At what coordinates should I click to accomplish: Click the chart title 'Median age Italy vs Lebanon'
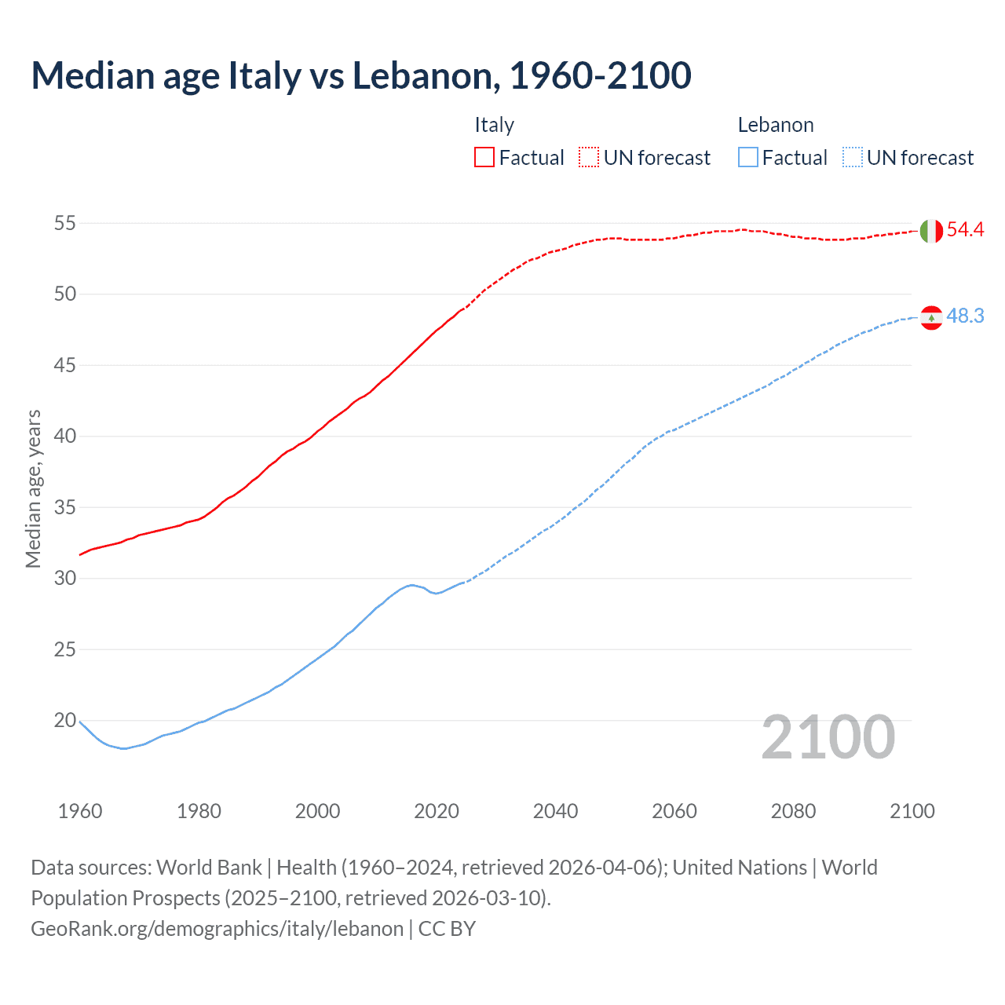(x=361, y=75)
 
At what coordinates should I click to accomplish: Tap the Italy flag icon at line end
(x=930, y=231)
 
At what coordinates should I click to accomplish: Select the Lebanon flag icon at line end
(x=930, y=317)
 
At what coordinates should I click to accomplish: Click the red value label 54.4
(x=965, y=230)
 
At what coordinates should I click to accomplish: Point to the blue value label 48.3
(x=965, y=316)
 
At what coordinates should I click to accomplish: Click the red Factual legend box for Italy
(x=484, y=158)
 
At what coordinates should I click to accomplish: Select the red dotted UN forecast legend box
(x=589, y=158)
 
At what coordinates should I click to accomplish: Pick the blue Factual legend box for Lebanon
(x=748, y=158)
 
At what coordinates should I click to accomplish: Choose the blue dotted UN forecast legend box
(x=853, y=158)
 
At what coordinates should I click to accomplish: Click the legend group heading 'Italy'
(x=494, y=125)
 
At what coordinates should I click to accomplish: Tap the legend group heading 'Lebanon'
(x=775, y=125)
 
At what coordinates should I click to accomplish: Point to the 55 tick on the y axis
(x=64, y=223)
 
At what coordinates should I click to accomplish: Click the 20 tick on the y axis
(x=64, y=720)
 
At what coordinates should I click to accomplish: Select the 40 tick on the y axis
(x=64, y=436)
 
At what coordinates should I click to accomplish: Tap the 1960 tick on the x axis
(x=80, y=811)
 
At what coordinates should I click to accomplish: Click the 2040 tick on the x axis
(x=555, y=811)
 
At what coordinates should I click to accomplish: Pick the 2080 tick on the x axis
(x=793, y=811)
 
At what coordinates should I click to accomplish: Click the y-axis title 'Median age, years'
(x=33, y=488)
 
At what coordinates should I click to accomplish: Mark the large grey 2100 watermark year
(x=828, y=737)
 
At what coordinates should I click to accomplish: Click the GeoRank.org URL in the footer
(x=217, y=929)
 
